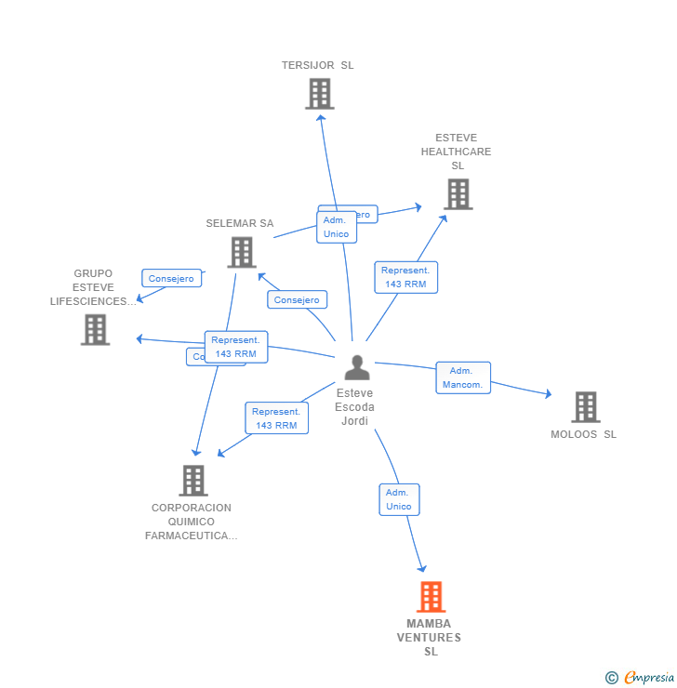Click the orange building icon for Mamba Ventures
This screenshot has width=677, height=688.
click(x=431, y=597)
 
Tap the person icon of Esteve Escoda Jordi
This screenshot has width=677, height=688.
click(x=356, y=367)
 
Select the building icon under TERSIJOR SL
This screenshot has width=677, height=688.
click(x=319, y=94)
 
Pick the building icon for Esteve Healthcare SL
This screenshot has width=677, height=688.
click(x=458, y=194)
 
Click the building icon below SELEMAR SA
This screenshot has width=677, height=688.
click(x=241, y=252)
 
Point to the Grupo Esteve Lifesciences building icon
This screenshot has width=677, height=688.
click(x=95, y=329)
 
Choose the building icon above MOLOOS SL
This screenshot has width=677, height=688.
click(x=585, y=407)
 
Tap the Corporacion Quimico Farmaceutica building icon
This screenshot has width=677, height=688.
click(x=193, y=481)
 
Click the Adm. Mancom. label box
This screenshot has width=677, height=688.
click(x=463, y=377)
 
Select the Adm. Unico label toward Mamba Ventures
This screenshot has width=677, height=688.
click(x=399, y=499)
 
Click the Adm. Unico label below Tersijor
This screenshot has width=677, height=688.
click(x=336, y=227)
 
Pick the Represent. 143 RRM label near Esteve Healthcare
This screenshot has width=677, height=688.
click(x=405, y=277)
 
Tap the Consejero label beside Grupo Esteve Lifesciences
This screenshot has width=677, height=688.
click(x=171, y=278)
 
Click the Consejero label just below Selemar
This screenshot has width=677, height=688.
click(x=297, y=299)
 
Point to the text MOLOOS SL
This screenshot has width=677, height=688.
click(x=583, y=434)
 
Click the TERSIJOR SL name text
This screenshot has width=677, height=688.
click(x=318, y=65)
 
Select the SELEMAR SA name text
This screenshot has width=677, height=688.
click(x=240, y=223)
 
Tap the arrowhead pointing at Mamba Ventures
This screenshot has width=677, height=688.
click(x=422, y=567)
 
